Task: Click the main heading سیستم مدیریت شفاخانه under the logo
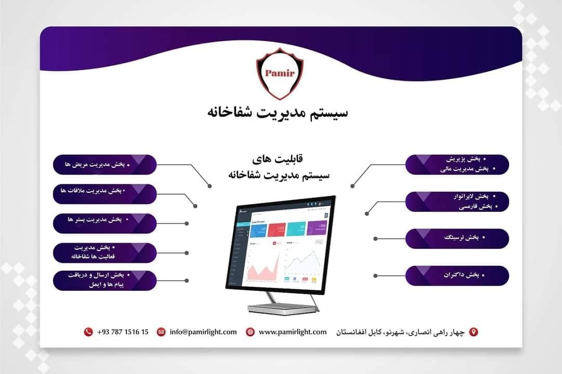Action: pyautogui.click(x=280, y=112)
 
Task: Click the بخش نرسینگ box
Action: pyautogui.click(x=457, y=238)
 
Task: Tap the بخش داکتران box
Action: pyautogui.click(x=457, y=275)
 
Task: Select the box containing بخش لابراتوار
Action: pyautogui.click(x=457, y=202)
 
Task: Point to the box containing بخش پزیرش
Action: pyautogui.click(x=457, y=164)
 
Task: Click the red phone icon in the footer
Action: pyautogui.click(x=88, y=332)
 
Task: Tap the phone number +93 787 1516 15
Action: pyautogui.click(x=123, y=332)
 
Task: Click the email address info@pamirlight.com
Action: pyautogui.click(x=203, y=332)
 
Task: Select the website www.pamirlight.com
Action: pyautogui.click(x=292, y=332)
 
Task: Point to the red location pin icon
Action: pyautogui.click(x=473, y=332)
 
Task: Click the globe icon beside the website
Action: pyautogui.click(x=250, y=332)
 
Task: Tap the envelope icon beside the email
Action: pyautogui.click(x=161, y=332)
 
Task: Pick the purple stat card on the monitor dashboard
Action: pyautogui.click(x=316, y=228)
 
